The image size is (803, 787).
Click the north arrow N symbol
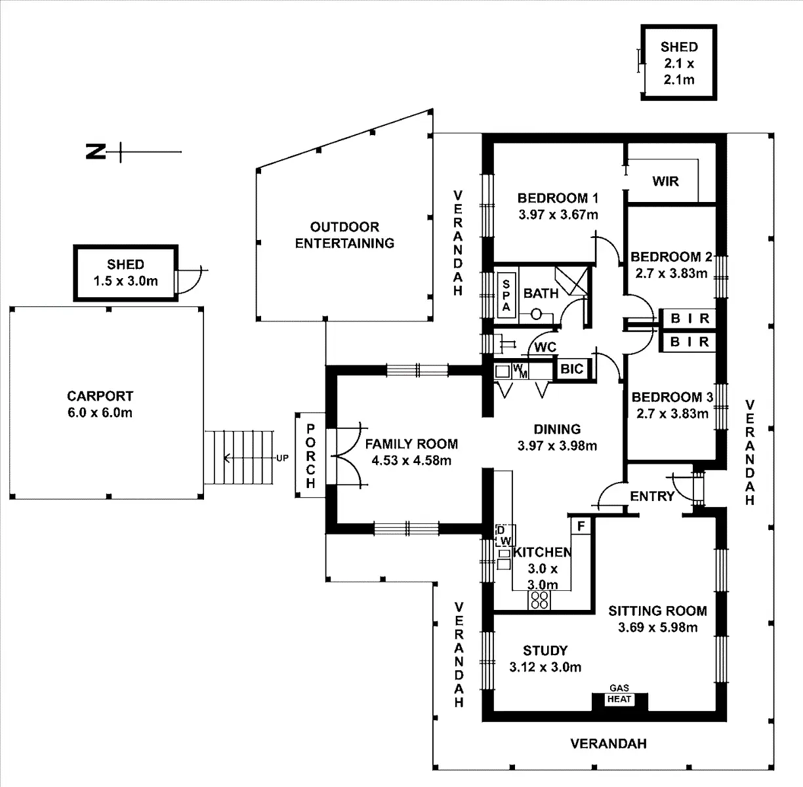(96, 152)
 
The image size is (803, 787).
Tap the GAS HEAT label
(619, 695)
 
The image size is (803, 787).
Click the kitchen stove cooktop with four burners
(539, 599)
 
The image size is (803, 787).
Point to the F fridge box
(581, 525)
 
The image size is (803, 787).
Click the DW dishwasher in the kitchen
(504, 535)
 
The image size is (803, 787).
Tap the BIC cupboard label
(571, 369)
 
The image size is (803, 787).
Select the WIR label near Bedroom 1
(665, 181)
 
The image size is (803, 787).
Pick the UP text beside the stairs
(282, 458)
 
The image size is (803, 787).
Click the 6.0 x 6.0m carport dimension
(100, 413)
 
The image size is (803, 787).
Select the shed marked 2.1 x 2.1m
(678, 63)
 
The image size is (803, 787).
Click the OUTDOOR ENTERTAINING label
(344, 235)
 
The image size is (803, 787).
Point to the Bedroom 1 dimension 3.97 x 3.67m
(558, 214)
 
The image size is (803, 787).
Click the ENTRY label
(652, 496)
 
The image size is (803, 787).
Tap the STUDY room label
(545, 651)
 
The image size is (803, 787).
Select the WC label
(545, 347)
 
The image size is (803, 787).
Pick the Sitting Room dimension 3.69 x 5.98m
(657, 628)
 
